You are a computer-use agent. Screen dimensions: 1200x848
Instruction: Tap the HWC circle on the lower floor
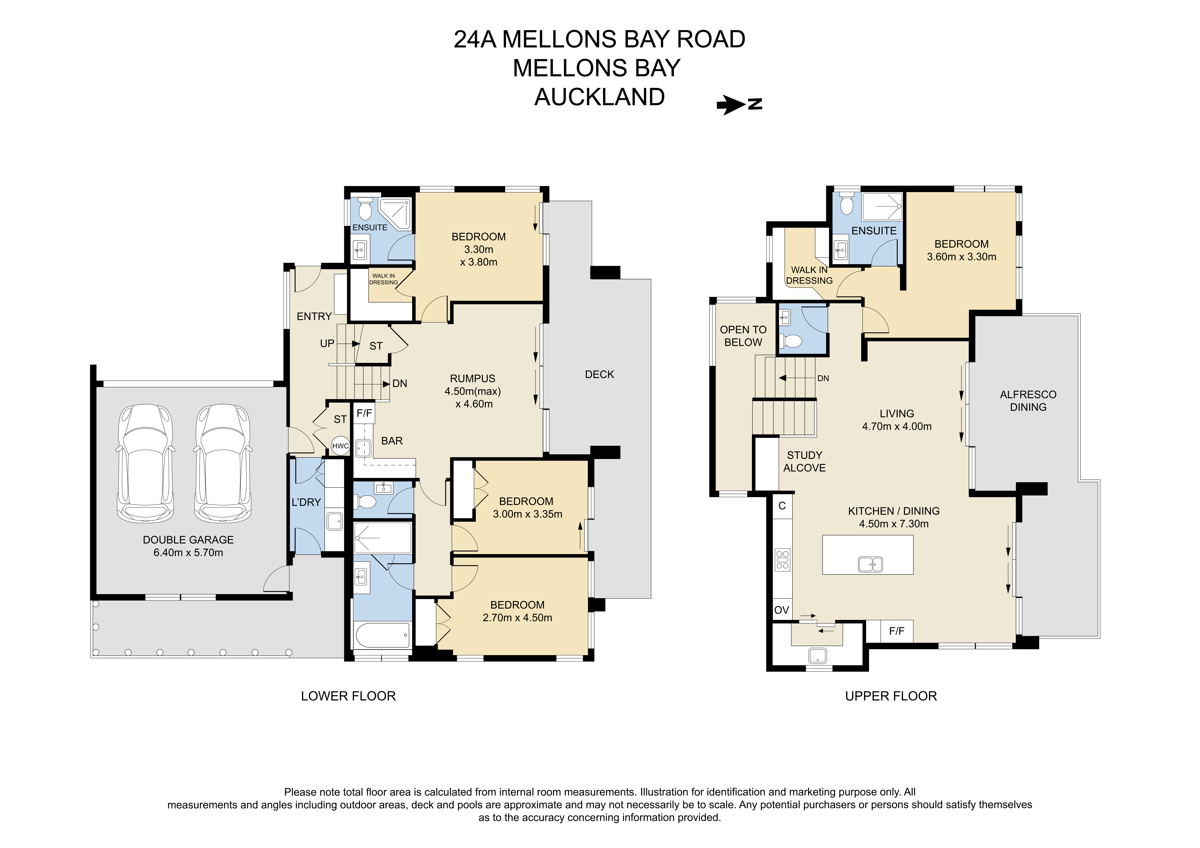tap(340, 446)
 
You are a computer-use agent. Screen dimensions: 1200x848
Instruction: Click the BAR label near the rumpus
tap(392, 441)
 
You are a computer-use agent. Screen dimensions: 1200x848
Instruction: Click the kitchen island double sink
tap(870, 564)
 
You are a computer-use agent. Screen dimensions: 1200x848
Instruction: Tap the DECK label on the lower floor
tap(599, 375)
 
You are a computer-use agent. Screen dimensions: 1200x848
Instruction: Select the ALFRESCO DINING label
tap(1028, 401)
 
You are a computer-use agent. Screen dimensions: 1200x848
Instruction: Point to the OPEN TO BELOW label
tap(743, 336)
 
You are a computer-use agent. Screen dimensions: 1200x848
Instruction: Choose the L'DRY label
tap(306, 502)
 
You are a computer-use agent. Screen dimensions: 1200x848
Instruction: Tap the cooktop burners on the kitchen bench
tap(782, 560)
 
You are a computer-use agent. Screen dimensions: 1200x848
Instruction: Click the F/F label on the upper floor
tap(896, 631)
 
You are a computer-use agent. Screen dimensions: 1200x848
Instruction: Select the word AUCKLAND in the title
tap(599, 97)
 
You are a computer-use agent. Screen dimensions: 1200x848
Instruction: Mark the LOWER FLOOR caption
tap(348, 696)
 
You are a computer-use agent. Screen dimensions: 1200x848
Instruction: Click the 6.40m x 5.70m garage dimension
tap(188, 553)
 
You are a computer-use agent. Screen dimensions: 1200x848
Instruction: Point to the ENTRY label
tap(314, 317)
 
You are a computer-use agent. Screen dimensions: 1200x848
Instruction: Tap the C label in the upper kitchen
tap(782, 506)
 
